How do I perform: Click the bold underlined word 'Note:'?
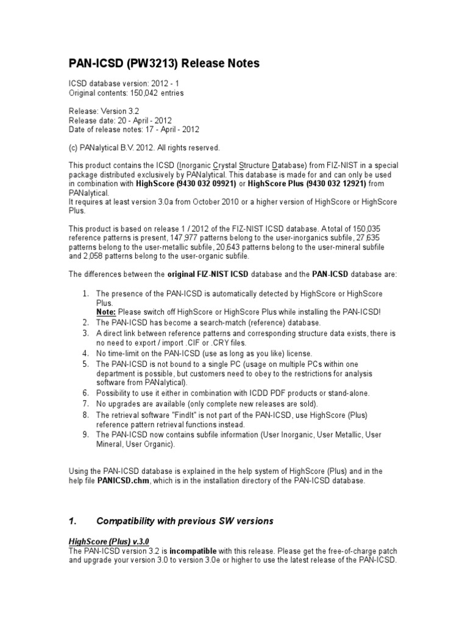(107, 311)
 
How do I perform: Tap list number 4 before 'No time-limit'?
(85, 353)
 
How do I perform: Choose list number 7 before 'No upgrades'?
(85, 404)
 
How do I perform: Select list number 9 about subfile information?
(85, 434)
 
